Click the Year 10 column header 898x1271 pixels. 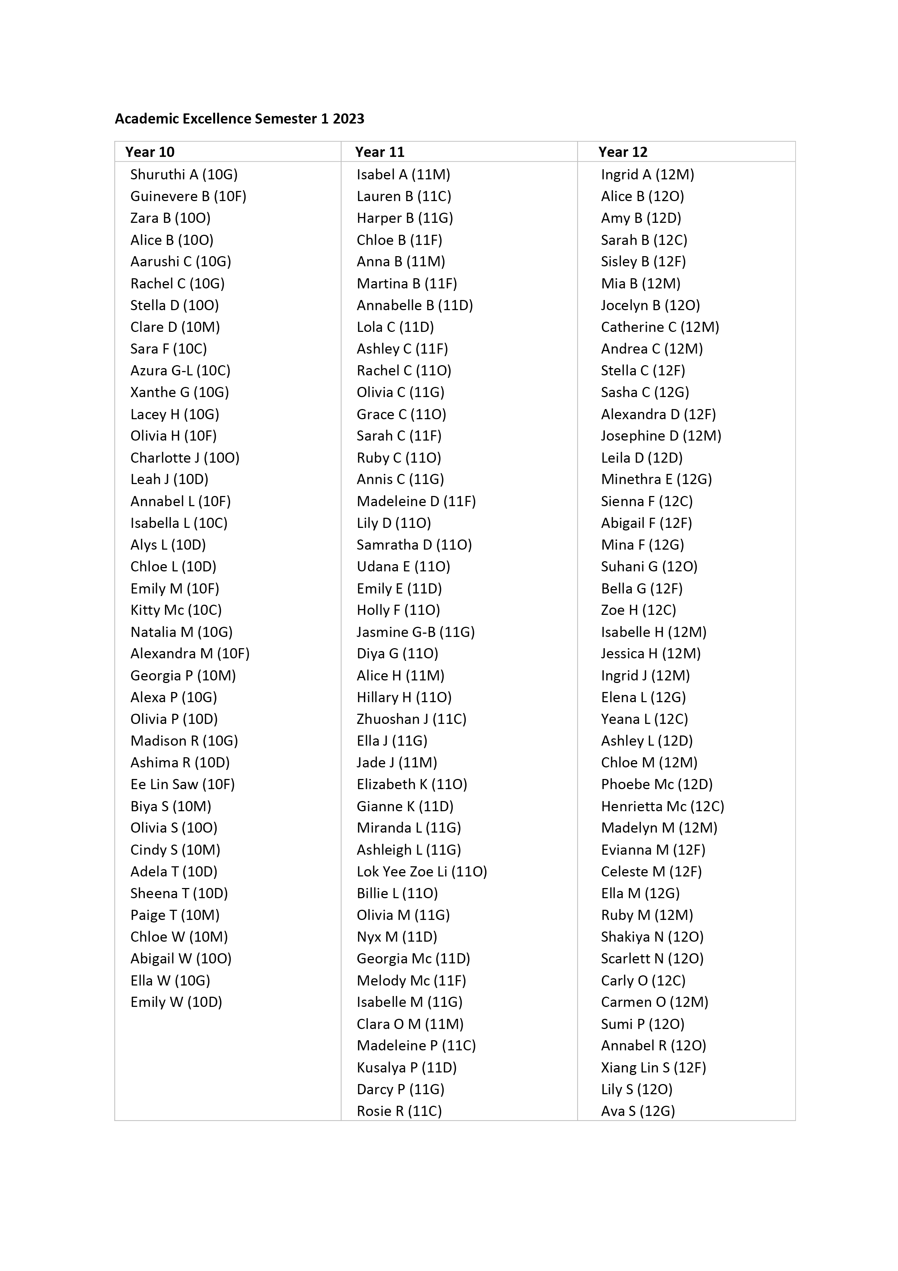tap(150, 152)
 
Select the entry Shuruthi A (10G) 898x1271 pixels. tap(184, 174)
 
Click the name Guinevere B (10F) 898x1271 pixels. tap(188, 196)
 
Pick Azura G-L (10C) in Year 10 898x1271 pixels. tap(180, 370)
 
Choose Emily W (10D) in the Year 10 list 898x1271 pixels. tap(176, 1002)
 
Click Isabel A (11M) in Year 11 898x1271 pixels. tap(403, 174)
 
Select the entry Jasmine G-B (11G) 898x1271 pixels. tap(416, 632)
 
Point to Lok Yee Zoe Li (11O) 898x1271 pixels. tap(421, 871)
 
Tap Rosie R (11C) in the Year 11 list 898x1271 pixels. tap(399, 1111)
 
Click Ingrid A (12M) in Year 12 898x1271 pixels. tap(647, 174)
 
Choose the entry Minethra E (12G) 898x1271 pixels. tap(656, 479)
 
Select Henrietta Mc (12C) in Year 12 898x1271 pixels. tap(662, 806)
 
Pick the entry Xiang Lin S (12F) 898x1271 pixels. tap(654, 1067)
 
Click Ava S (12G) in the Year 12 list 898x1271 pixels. tap(638, 1111)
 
